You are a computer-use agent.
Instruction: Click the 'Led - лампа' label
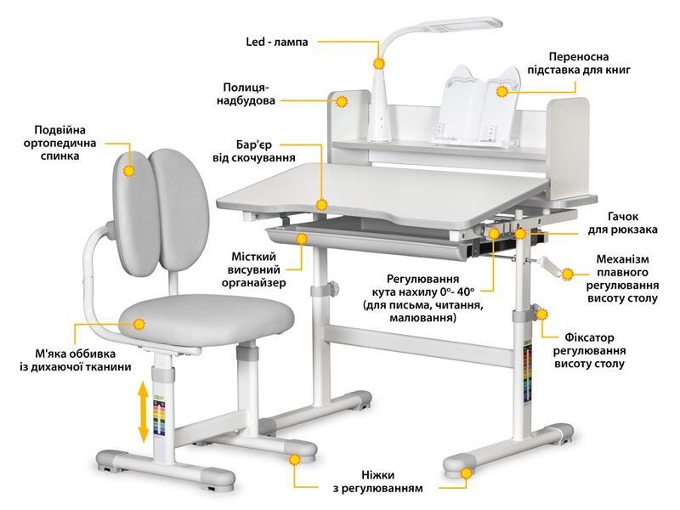277,42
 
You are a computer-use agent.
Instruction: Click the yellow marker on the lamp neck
379,64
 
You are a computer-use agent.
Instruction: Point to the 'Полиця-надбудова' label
246,94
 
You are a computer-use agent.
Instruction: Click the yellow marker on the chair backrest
129,171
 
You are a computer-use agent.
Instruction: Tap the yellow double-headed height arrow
144,411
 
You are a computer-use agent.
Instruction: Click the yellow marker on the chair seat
139,324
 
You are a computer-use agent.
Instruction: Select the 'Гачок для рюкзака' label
622,223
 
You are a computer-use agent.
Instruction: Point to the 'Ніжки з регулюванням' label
377,482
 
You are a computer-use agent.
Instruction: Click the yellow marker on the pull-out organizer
302,238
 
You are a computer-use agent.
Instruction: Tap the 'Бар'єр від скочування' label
253,151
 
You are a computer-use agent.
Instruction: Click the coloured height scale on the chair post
159,416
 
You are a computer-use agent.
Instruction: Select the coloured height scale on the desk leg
527,374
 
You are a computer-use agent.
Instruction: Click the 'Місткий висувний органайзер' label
253,269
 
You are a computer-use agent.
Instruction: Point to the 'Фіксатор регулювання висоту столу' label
589,350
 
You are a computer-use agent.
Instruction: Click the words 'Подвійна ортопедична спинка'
59,143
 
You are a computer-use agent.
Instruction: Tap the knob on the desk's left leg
334,287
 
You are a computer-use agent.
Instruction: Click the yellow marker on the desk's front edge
321,205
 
